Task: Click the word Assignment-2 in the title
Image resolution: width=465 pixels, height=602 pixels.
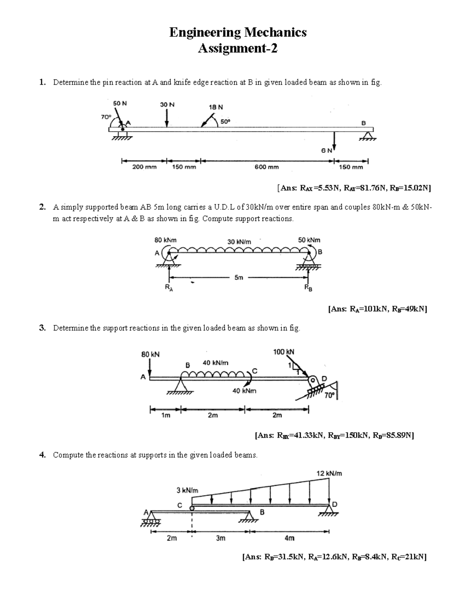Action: pos(238,49)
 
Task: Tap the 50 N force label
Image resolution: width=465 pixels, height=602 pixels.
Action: pos(120,103)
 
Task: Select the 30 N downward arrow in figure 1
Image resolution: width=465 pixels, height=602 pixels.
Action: pos(167,117)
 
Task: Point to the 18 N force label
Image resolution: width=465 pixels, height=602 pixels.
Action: pos(216,107)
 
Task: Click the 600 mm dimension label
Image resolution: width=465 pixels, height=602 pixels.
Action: pos(267,167)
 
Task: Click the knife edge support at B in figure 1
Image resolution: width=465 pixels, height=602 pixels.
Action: pos(367,136)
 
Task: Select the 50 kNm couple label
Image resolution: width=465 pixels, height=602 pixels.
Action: pos(309,240)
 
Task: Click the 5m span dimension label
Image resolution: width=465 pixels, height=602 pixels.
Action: pos(239,278)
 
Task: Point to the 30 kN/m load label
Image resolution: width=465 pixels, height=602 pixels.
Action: pos(239,241)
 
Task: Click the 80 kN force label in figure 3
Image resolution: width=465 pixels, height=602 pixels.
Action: pos(150,354)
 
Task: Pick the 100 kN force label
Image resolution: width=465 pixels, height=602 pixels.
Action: pos(284,352)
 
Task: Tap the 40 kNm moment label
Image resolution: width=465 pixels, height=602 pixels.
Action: pos(244,391)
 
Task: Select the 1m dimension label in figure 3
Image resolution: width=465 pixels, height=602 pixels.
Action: pos(165,416)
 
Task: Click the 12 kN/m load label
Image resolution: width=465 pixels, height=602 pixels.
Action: pos(329,473)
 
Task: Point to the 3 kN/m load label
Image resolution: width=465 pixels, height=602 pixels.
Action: pos(188,490)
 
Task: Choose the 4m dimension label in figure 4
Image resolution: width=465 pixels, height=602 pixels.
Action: pos(289,538)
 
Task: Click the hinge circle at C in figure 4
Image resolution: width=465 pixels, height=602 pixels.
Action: pos(192,508)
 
